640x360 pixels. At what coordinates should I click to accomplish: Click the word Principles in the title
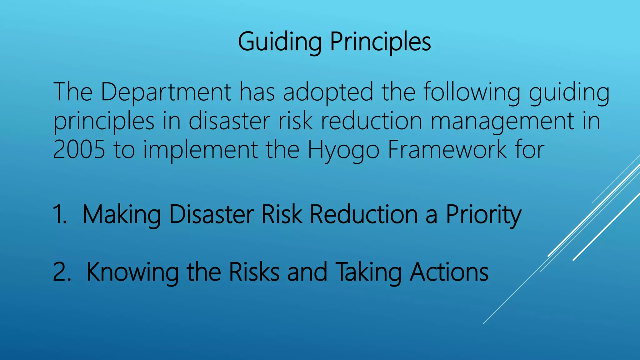coord(381,42)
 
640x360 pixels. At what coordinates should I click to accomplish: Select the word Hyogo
coord(343,150)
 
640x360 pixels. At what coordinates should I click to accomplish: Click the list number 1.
coord(60,214)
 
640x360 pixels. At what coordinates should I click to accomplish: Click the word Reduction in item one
coord(364,214)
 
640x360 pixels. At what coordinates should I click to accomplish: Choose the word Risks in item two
coord(254,272)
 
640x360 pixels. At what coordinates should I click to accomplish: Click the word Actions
coord(449,272)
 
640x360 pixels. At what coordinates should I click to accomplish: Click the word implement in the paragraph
coord(200,150)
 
